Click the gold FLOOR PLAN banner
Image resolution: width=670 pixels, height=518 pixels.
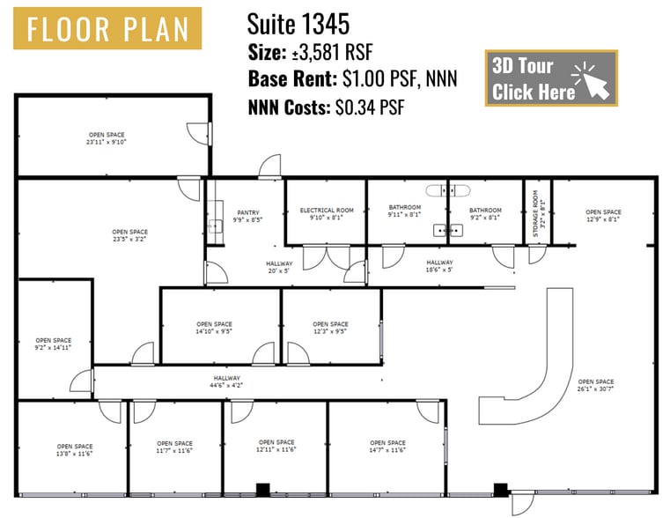[x=107, y=28]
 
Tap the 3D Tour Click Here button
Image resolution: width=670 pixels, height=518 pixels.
[x=551, y=78]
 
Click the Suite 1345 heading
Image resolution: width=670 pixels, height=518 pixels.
[x=298, y=24]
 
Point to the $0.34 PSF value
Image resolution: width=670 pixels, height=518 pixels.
[x=370, y=107]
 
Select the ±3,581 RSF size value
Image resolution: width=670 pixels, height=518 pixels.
[x=333, y=53]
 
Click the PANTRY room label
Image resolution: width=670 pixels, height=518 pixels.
[x=247, y=216]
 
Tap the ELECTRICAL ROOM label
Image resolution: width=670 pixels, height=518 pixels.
[x=327, y=214]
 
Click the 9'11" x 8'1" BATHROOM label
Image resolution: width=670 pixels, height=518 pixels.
[x=405, y=211]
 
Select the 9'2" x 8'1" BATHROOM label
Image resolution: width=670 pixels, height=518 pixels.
[x=485, y=214]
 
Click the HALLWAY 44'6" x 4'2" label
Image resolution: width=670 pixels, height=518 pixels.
[x=227, y=381]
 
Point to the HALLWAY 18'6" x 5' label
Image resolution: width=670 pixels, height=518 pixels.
[x=439, y=266]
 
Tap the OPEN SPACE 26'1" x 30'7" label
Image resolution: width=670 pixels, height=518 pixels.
[x=596, y=385]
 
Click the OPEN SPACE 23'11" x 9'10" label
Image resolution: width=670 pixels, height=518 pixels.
[x=107, y=138]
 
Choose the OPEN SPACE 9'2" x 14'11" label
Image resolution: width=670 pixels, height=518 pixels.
[x=54, y=344]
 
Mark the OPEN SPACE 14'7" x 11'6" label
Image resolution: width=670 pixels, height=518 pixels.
[x=387, y=446]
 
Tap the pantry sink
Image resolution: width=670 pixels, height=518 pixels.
[x=216, y=226]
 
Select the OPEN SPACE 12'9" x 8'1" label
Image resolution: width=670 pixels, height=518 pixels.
[x=603, y=216]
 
